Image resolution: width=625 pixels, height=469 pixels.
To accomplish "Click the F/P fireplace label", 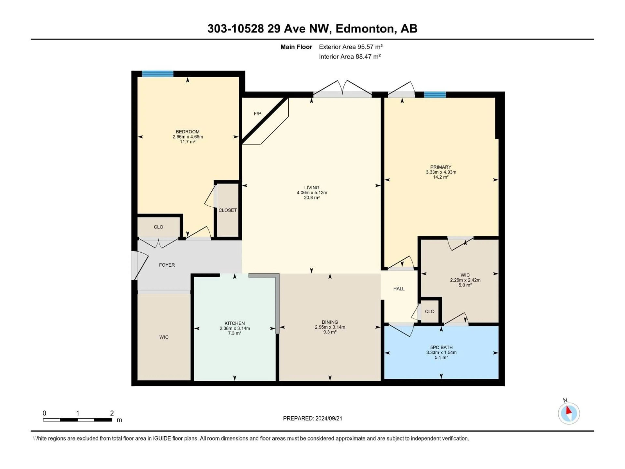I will click(257, 114).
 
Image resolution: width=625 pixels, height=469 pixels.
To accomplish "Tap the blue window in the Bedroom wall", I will click(157, 74).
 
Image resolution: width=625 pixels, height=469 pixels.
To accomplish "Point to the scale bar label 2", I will click(112, 413).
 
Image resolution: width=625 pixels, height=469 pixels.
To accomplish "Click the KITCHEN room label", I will click(235, 323).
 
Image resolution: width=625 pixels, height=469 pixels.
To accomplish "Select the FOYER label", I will click(167, 265).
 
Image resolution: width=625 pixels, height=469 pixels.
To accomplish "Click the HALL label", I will click(399, 289).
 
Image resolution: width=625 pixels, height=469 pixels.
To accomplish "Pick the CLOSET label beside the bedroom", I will click(227, 210).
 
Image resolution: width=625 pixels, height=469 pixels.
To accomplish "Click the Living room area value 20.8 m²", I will click(312, 198).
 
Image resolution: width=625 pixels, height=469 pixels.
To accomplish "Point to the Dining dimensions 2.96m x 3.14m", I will click(330, 327).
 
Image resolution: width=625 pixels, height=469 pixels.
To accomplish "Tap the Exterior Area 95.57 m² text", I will click(350, 47).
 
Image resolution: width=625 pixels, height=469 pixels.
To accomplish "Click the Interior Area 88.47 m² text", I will click(349, 57).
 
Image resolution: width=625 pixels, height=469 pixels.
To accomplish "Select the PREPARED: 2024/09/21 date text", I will click(312, 418).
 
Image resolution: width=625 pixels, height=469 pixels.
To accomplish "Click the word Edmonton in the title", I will click(364, 28).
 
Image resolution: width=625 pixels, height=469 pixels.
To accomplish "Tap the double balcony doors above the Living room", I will click(342, 89).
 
